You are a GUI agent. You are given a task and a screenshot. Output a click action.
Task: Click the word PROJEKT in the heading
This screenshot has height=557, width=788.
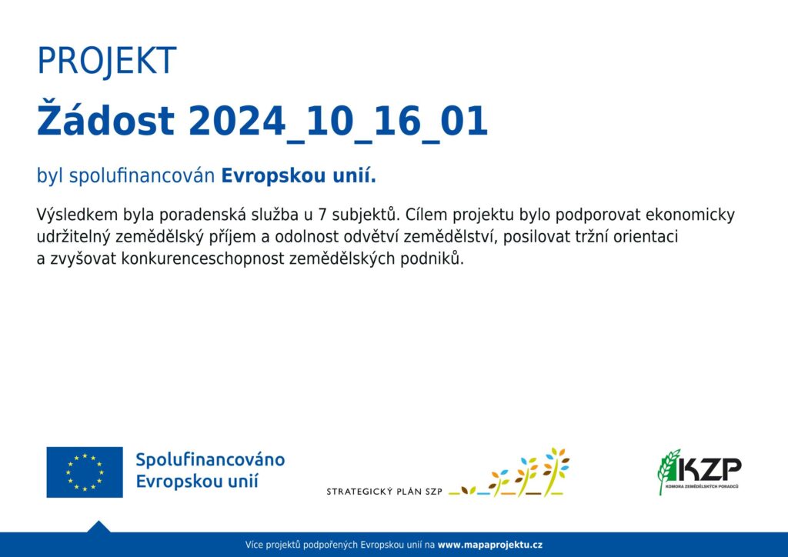(x=106, y=62)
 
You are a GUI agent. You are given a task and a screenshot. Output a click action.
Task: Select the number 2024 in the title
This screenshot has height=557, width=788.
(x=237, y=121)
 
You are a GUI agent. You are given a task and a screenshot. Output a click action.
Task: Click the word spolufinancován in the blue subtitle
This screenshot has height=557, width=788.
(x=142, y=175)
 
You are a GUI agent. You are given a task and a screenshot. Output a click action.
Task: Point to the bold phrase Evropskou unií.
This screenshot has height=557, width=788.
(x=299, y=175)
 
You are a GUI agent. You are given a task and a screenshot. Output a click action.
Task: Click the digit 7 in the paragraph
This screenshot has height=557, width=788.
(x=322, y=215)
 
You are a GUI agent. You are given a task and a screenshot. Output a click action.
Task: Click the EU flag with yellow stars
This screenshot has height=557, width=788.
(x=85, y=472)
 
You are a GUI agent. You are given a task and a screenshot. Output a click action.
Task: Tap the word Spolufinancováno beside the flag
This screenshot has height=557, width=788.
(x=210, y=460)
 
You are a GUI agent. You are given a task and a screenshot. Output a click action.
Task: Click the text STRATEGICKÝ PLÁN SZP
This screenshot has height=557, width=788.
(x=385, y=492)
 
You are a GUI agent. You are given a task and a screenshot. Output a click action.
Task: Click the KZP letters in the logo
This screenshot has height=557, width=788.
(x=709, y=470)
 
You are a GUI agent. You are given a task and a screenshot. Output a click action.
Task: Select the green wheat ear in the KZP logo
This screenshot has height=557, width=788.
(x=669, y=472)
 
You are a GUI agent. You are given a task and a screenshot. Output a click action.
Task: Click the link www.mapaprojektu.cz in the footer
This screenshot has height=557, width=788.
(x=490, y=545)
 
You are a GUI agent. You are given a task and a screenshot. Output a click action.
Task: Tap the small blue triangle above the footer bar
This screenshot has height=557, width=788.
(x=98, y=527)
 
